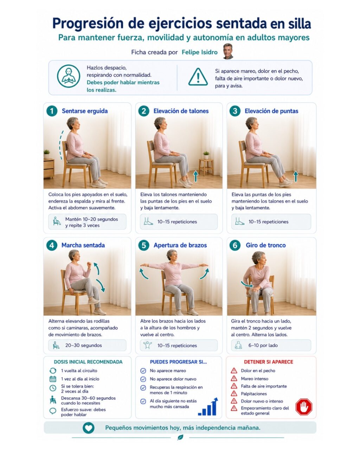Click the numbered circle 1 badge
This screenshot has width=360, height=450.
tap(52, 111)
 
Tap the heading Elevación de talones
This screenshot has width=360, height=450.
tap(181, 111)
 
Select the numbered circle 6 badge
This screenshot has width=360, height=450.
tap(235, 245)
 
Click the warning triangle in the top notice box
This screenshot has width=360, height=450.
tap(198, 77)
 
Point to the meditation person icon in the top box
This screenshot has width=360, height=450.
tap(69, 76)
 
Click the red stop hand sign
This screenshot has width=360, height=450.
tap(304, 407)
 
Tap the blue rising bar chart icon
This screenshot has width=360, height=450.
tap(208, 406)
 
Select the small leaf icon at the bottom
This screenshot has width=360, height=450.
tap(180, 437)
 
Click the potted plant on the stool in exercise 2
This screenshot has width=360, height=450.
tap(206, 155)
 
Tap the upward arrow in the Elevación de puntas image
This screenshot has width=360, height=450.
tap(296, 176)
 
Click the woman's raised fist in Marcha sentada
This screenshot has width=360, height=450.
tap(89, 264)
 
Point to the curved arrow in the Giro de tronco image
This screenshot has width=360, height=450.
tap(247, 284)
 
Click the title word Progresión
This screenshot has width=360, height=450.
tap(88, 24)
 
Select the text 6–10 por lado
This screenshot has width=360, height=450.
tap(263, 345)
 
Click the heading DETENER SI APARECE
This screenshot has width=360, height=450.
tap(268, 362)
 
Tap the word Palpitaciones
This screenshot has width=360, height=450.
tap(254, 394)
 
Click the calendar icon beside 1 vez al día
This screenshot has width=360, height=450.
tap(53, 379)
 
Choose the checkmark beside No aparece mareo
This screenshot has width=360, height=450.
tap(143, 371)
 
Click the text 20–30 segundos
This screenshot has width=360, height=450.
tap(83, 345)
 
